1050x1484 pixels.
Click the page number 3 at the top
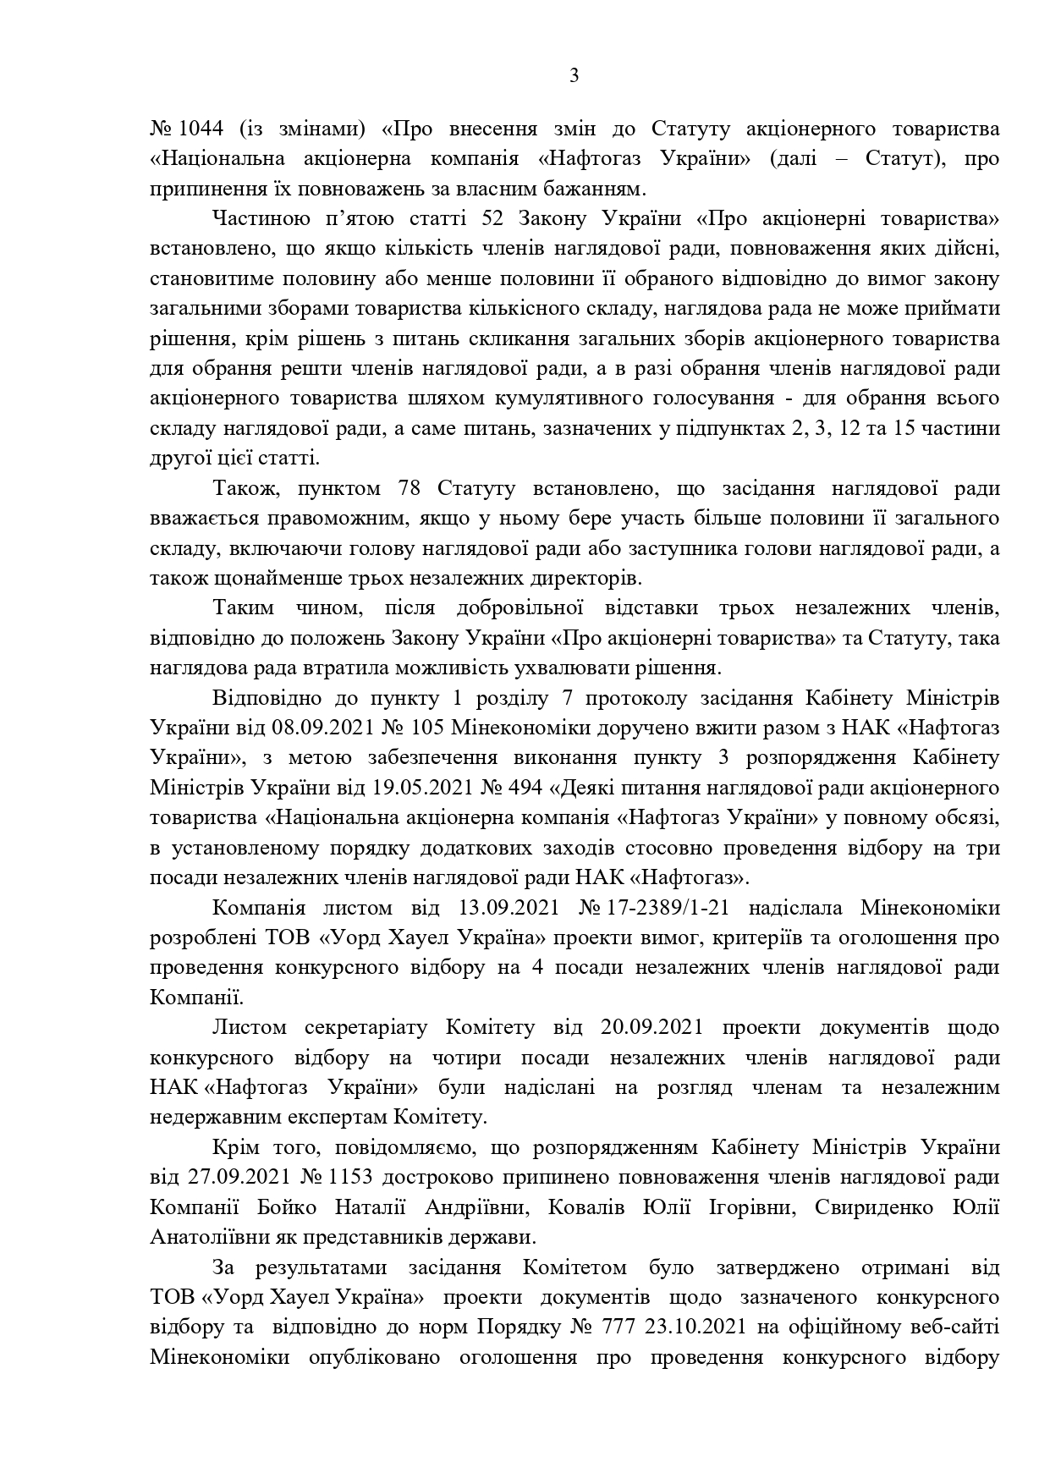pyautogui.click(x=574, y=77)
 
